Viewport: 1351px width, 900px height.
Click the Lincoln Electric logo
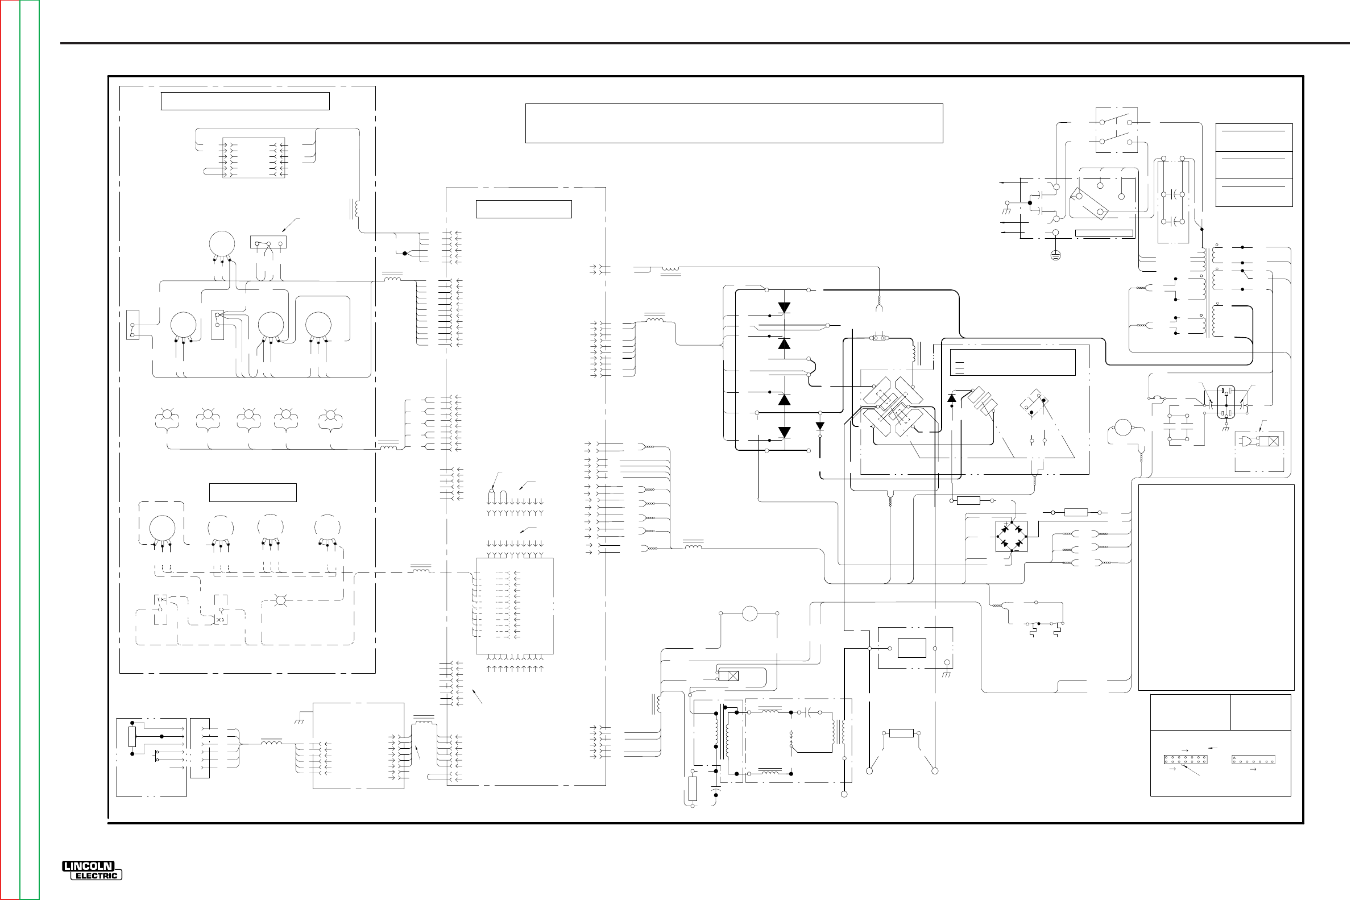92,871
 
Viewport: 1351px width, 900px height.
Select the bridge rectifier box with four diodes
1011,536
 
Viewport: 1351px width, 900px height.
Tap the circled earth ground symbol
1055,255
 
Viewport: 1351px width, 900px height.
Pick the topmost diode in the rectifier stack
784,308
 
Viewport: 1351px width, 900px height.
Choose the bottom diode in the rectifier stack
784,432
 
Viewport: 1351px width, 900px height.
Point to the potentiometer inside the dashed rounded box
162,528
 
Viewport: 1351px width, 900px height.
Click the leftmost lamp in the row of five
167,414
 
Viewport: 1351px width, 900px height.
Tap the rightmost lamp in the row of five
330,414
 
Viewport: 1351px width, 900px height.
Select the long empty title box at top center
734,123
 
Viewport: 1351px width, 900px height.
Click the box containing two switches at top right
1116,130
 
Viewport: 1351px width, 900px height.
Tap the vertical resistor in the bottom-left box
132,736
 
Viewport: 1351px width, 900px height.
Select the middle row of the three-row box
1253,165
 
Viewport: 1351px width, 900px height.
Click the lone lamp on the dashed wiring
281,601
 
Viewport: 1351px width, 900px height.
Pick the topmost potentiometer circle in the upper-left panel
222,244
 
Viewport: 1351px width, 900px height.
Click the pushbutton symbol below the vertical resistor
156,757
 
